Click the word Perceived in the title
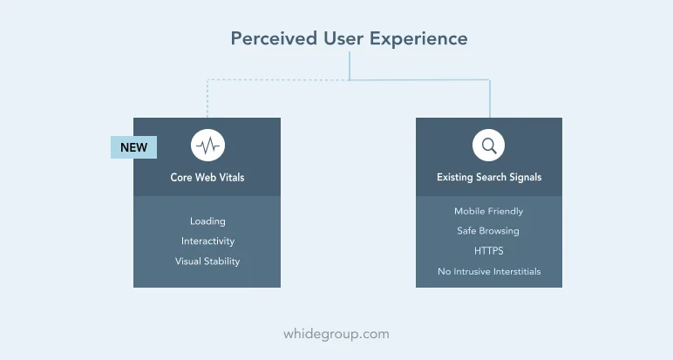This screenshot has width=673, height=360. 274,38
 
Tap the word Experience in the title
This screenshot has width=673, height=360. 418,39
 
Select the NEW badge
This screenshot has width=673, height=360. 134,147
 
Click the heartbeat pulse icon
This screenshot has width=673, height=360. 207,146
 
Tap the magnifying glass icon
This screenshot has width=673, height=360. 488,146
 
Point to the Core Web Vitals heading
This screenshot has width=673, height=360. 207,177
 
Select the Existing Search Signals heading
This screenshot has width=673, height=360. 489,177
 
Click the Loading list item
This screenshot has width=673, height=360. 207,221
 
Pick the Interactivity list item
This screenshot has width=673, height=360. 207,241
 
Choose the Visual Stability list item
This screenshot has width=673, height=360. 207,262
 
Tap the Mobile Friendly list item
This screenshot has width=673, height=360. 489,211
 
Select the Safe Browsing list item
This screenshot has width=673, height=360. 488,231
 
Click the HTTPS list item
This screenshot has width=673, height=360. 489,251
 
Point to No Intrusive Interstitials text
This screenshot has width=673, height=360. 489,272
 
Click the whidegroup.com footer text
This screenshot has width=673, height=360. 336,334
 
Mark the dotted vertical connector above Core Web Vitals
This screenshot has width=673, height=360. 207,98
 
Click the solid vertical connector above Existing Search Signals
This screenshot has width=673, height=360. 490,98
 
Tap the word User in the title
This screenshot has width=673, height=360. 343,38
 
